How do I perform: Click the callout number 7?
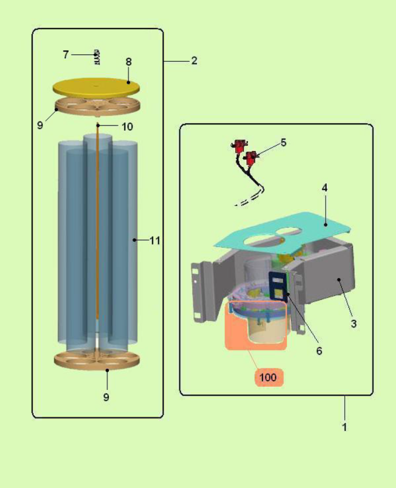click(x=66, y=55)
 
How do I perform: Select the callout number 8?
click(x=129, y=62)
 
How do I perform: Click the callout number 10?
click(x=127, y=127)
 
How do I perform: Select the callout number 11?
click(x=155, y=240)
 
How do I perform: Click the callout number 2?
click(x=194, y=61)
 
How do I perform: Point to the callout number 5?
click(x=283, y=143)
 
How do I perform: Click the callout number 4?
click(x=324, y=188)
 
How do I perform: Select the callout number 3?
click(x=354, y=324)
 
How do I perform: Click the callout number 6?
click(x=319, y=351)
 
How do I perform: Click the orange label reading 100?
click(x=268, y=377)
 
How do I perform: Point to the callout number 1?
click(x=345, y=427)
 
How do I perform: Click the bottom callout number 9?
click(x=106, y=397)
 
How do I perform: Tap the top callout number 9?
click(x=40, y=125)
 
